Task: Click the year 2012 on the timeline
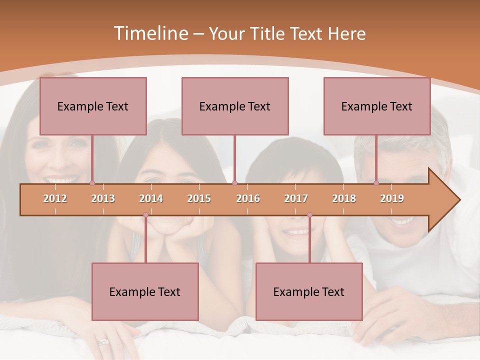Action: click(55, 198)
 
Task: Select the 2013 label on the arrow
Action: click(103, 198)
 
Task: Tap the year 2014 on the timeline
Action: click(151, 198)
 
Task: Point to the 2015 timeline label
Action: click(199, 198)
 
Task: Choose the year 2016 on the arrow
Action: click(248, 198)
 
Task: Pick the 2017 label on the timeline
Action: click(296, 198)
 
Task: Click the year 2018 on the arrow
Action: click(344, 198)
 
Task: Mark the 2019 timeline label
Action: click(392, 198)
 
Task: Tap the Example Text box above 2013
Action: click(93, 106)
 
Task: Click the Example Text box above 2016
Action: click(235, 106)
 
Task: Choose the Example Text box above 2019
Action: click(377, 106)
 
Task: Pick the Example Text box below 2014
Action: click(145, 291)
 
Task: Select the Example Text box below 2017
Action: click(309, 291)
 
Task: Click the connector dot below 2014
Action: click(145, 215)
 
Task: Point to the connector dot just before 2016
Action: click(235, 183)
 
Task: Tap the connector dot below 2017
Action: click(309, 215)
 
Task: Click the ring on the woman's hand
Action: click(103, 342)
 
